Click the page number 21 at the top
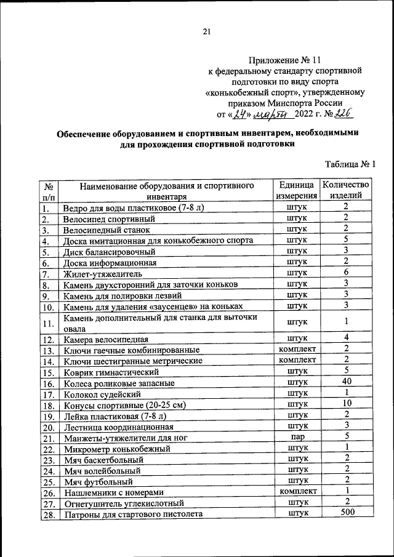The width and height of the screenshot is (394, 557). pos(206,32)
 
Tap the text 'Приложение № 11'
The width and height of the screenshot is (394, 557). pos(285,60)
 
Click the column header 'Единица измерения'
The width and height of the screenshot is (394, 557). pos(297,190)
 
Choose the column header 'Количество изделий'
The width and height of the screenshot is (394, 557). pos(346,190)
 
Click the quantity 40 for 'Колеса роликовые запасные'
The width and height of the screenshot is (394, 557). pos(347,382)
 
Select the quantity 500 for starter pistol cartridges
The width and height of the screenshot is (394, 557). pos(347,513)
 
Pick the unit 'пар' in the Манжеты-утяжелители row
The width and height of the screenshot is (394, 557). pos(297,436)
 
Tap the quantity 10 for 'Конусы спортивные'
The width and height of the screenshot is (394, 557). pos(347,404)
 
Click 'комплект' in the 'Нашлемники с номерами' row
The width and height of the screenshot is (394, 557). pos(297,491)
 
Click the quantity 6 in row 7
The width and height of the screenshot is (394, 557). pos(347,273)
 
